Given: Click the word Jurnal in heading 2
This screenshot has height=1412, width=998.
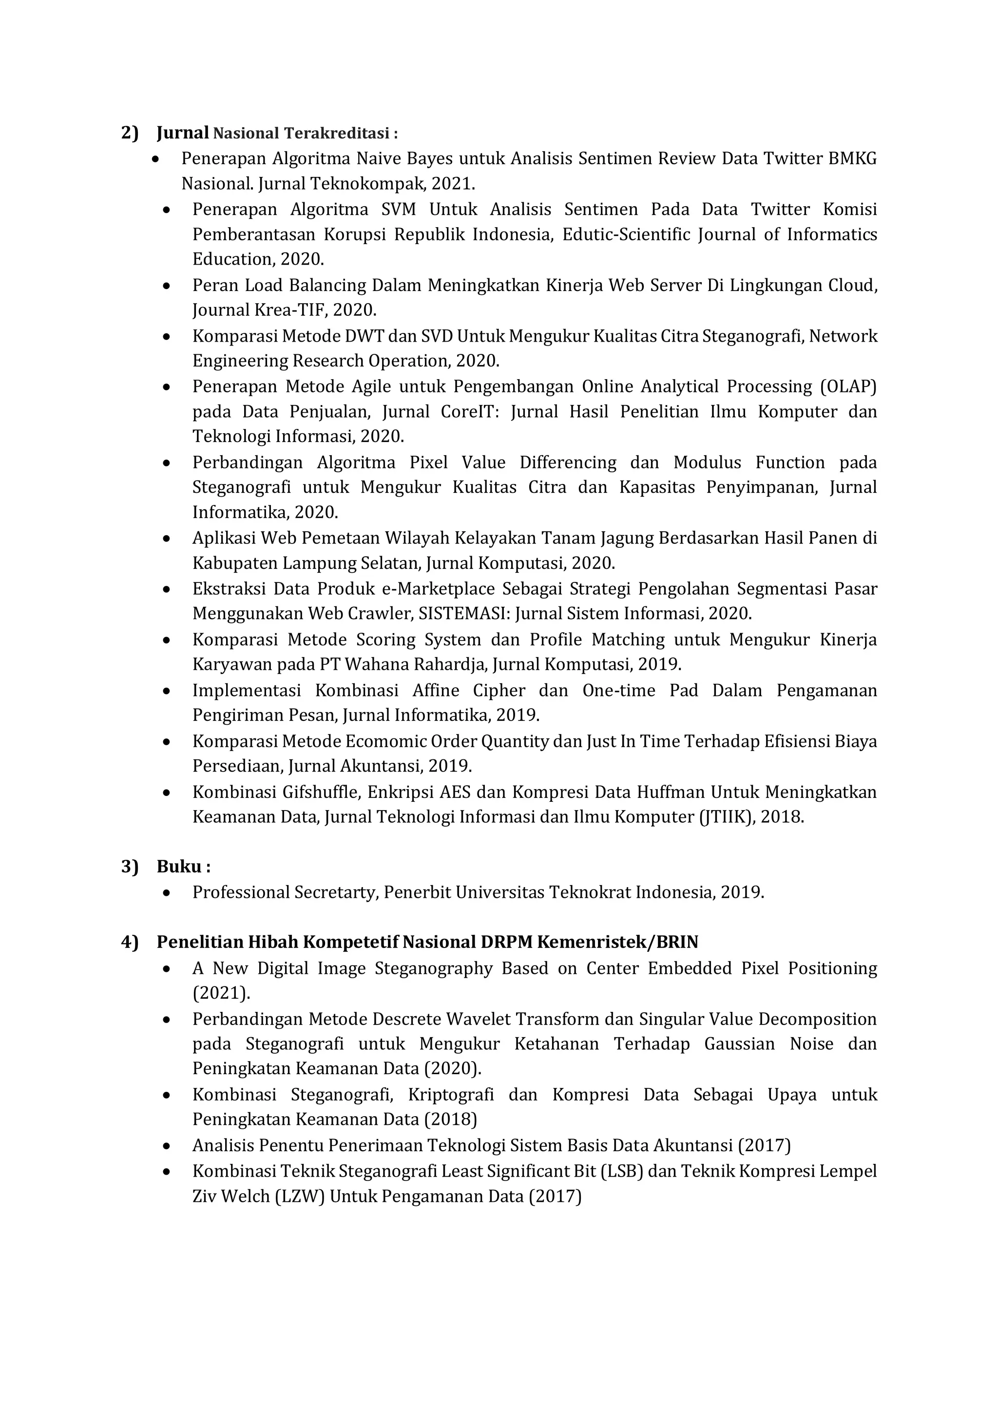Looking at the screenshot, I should [x=183, y=133].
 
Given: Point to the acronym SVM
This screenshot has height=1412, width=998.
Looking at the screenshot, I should [x=399, y=210].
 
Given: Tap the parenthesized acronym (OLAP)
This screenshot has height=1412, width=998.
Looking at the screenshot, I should [x=848, y=387].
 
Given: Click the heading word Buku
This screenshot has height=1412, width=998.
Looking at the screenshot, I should [x=179, y=867].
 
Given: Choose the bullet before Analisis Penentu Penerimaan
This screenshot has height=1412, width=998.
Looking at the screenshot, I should [x=166, y=1146].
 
